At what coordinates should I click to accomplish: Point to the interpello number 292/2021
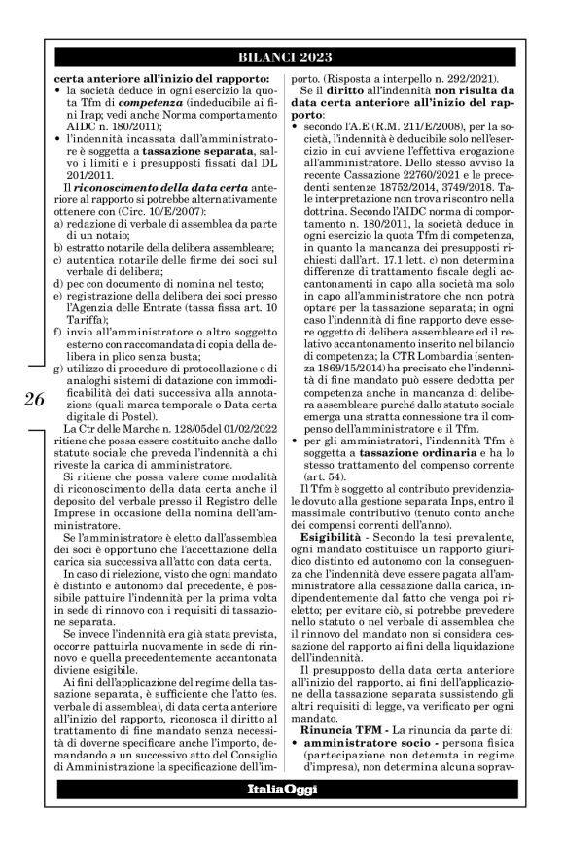[435, 74]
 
